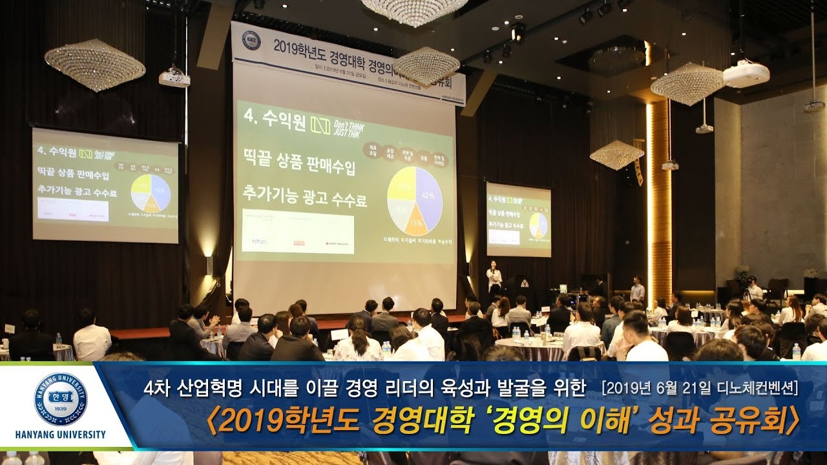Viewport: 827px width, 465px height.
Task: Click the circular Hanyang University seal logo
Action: click(x=60, y=399)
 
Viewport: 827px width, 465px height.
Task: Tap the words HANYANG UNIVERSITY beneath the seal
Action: click(x=60, y=435)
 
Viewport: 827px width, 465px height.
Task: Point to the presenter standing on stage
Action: click(x=494, y=277)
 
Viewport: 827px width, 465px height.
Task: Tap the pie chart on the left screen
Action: click(x=151, y=192)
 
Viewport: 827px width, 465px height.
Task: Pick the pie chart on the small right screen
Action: click(x=538, y=225)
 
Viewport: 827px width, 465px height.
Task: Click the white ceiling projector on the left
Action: click(x=174, y=78)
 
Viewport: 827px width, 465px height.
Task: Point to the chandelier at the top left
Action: click(x=94, y=65)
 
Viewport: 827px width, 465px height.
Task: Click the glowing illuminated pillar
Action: click(x=659, y=200)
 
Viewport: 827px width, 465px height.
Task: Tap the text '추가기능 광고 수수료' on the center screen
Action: click(x=304, y=197)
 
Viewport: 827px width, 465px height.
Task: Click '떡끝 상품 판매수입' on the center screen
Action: click(x=298, y=167)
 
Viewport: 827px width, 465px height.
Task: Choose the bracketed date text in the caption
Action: click(x=699, y=387)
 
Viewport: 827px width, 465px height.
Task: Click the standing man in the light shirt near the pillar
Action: click(x=637, y=291)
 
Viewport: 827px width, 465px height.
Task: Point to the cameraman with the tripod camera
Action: click(x=753, y=290)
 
